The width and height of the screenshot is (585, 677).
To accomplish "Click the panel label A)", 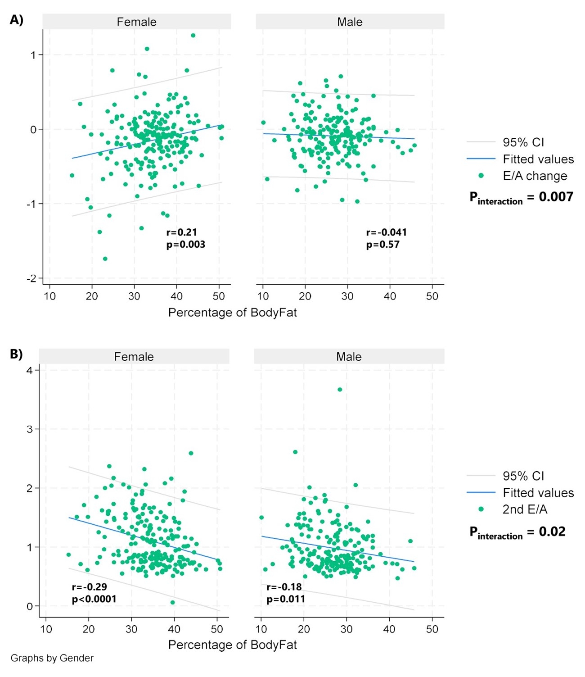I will pos(16,20).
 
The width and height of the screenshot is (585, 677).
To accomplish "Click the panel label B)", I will pos(16,354).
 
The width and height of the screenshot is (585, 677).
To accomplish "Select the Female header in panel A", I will pos(136,22).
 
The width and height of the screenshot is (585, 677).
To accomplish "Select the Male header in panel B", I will pos(349,357).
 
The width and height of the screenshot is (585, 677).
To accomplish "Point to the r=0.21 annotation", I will pos(182,232).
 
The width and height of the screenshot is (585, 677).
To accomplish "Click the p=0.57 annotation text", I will pos(383,245).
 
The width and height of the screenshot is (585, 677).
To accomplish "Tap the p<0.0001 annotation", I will pos(94,599).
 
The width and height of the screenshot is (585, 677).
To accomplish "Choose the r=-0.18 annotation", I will pos(284,587).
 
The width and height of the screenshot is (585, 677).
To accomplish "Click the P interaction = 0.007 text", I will pos(521,197).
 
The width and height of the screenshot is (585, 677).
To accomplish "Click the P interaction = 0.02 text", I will pos(517,532).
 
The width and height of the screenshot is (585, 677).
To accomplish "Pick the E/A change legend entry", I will pos(535,176).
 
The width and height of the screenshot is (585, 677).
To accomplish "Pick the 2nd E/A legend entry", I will pos(525,509).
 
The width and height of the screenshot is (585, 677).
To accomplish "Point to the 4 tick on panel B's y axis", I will pos(30,370).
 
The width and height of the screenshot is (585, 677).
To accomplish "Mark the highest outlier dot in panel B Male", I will pos(340,390).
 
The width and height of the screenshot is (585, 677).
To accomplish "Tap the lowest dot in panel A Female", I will pos(105,259).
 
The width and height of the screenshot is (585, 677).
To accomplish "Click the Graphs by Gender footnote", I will pos(52,658).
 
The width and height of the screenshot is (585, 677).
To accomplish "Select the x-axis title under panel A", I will pos(232,313).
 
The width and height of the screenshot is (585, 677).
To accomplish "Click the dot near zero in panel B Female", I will pos(173,602).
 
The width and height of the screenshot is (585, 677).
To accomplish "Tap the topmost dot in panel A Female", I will pos(193,36).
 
